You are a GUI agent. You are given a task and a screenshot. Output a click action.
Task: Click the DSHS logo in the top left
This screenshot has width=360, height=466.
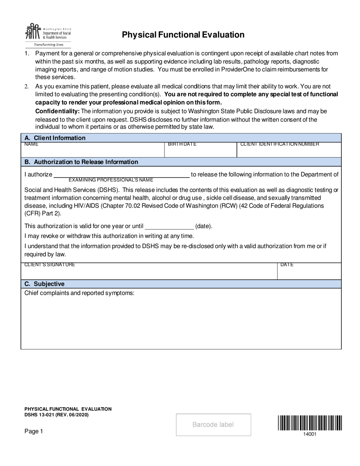[48, 34]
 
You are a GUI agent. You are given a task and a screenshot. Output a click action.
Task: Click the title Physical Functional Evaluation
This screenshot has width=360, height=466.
[183, 35]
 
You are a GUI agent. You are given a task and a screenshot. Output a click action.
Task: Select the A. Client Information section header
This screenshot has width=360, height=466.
[55, 138]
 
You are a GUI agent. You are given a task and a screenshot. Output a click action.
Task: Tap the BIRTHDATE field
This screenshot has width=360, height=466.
[200, 151]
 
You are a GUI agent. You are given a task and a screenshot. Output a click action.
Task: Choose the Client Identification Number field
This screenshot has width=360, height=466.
[289, 151]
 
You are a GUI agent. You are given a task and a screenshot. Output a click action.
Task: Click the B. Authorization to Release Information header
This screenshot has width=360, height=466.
[81, 162]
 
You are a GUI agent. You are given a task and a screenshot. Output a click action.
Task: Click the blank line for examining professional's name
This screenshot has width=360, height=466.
[121, 174]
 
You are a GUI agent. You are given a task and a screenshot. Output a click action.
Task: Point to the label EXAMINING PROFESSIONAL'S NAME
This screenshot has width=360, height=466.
[111, 180]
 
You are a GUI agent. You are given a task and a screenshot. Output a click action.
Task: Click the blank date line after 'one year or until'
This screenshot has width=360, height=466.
[169, 227]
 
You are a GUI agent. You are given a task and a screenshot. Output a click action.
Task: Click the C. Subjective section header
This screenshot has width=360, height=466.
[44, 284]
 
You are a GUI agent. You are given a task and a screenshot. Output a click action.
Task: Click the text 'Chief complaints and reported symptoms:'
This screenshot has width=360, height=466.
[79, 293]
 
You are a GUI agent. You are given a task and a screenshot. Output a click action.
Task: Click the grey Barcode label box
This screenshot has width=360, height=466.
[213, 425]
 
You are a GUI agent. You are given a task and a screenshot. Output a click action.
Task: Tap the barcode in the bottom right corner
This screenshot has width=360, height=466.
[310, 423]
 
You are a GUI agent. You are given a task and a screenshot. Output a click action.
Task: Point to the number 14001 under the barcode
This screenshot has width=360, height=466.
[310, 434]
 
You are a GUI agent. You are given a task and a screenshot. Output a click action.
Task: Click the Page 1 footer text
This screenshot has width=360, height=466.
[34, 431]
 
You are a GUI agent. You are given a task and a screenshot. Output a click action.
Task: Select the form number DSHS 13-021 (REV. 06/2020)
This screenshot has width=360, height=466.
[57, 415]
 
